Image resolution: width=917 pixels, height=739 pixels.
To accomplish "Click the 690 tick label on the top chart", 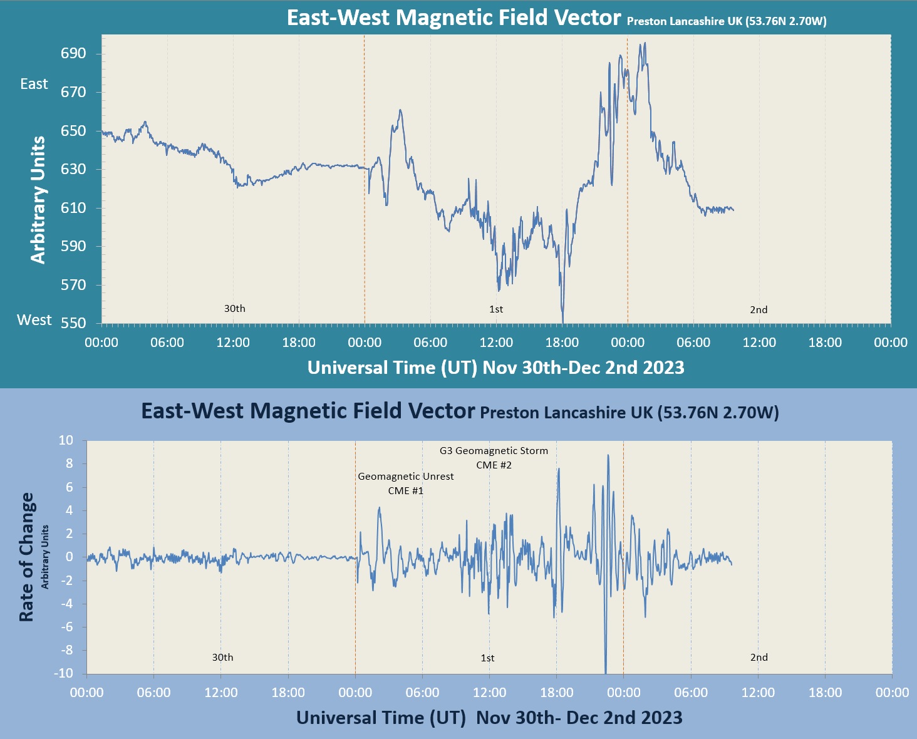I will [x=73, y=54].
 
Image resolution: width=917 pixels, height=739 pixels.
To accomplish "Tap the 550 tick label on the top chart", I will [x=73, y=323].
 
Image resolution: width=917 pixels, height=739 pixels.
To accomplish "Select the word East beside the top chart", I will [x=34, y=84].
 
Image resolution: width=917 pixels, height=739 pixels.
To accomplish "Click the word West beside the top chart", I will [x=34, y=320].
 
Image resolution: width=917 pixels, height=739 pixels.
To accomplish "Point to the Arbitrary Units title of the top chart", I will [x=38, y=200].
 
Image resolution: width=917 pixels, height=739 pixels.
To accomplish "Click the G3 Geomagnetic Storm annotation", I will [x=494, y=451].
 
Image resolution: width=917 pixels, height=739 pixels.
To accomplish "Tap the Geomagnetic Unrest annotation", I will [x=406, y=477].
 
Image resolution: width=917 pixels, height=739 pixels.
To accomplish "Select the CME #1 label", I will [x=406, y=491].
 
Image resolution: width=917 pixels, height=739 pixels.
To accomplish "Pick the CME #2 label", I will [x=494, y=465].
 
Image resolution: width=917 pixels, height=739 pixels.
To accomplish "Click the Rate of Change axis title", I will [x=26, y=557].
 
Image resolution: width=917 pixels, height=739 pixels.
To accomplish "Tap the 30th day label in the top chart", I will [x=235, y=309].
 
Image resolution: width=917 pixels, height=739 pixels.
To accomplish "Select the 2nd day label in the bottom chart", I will [x=759, y=658].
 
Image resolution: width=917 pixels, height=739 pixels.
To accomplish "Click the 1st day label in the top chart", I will [x=496, y=309].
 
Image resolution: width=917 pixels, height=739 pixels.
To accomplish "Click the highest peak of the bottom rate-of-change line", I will [x=608, y=455].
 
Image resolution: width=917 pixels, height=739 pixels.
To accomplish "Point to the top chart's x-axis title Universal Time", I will [x=495, y=368].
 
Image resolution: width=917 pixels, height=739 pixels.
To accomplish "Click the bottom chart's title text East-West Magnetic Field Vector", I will [x=308, y=411].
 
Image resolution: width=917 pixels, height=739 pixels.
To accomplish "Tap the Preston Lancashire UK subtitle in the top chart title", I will [x=727, y=21].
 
